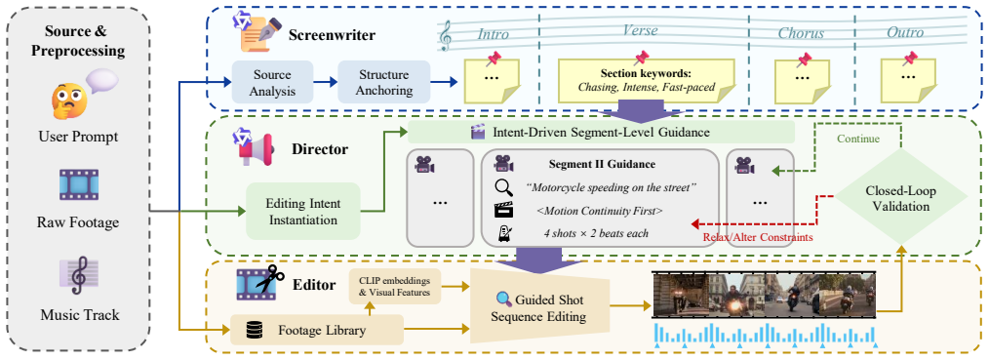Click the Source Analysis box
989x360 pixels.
[x=272, y=82]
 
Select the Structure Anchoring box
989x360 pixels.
[x=383, y=82]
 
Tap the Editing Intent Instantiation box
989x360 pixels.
[x=302, y=211]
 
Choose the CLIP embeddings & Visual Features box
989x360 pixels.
[x=394, y=286]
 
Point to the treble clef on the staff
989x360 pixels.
[x=447, y=36]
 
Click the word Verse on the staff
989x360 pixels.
[x=641, y=31]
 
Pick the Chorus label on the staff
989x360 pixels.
[x=801, y=32]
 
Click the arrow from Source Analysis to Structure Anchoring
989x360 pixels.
[x=326, y=82]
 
